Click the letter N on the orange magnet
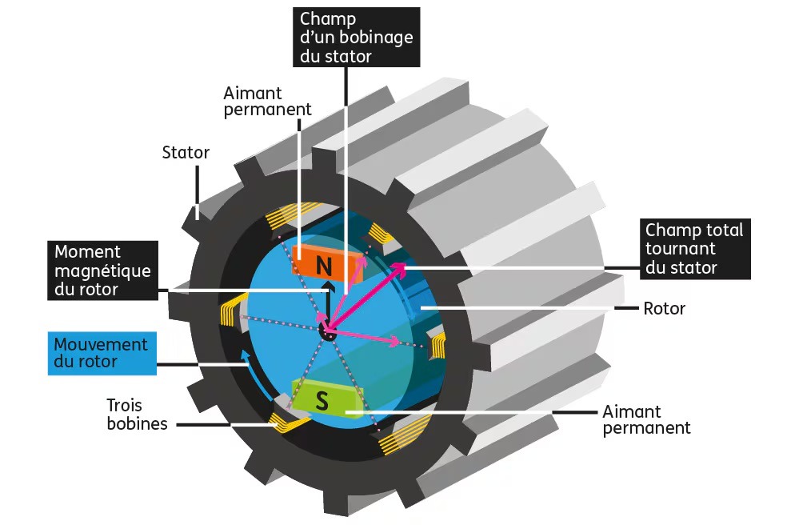click(324, 265)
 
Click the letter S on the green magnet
click(322, 401)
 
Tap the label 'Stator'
click(186, 152)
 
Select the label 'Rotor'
click(664, 308)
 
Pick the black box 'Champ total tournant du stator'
click(695, 248)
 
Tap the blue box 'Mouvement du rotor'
click(102, 353)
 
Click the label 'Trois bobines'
click(138, 414)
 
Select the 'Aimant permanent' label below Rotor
click(645, 419)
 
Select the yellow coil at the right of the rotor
click(438, 347)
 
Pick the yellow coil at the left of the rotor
click(228, 313)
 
